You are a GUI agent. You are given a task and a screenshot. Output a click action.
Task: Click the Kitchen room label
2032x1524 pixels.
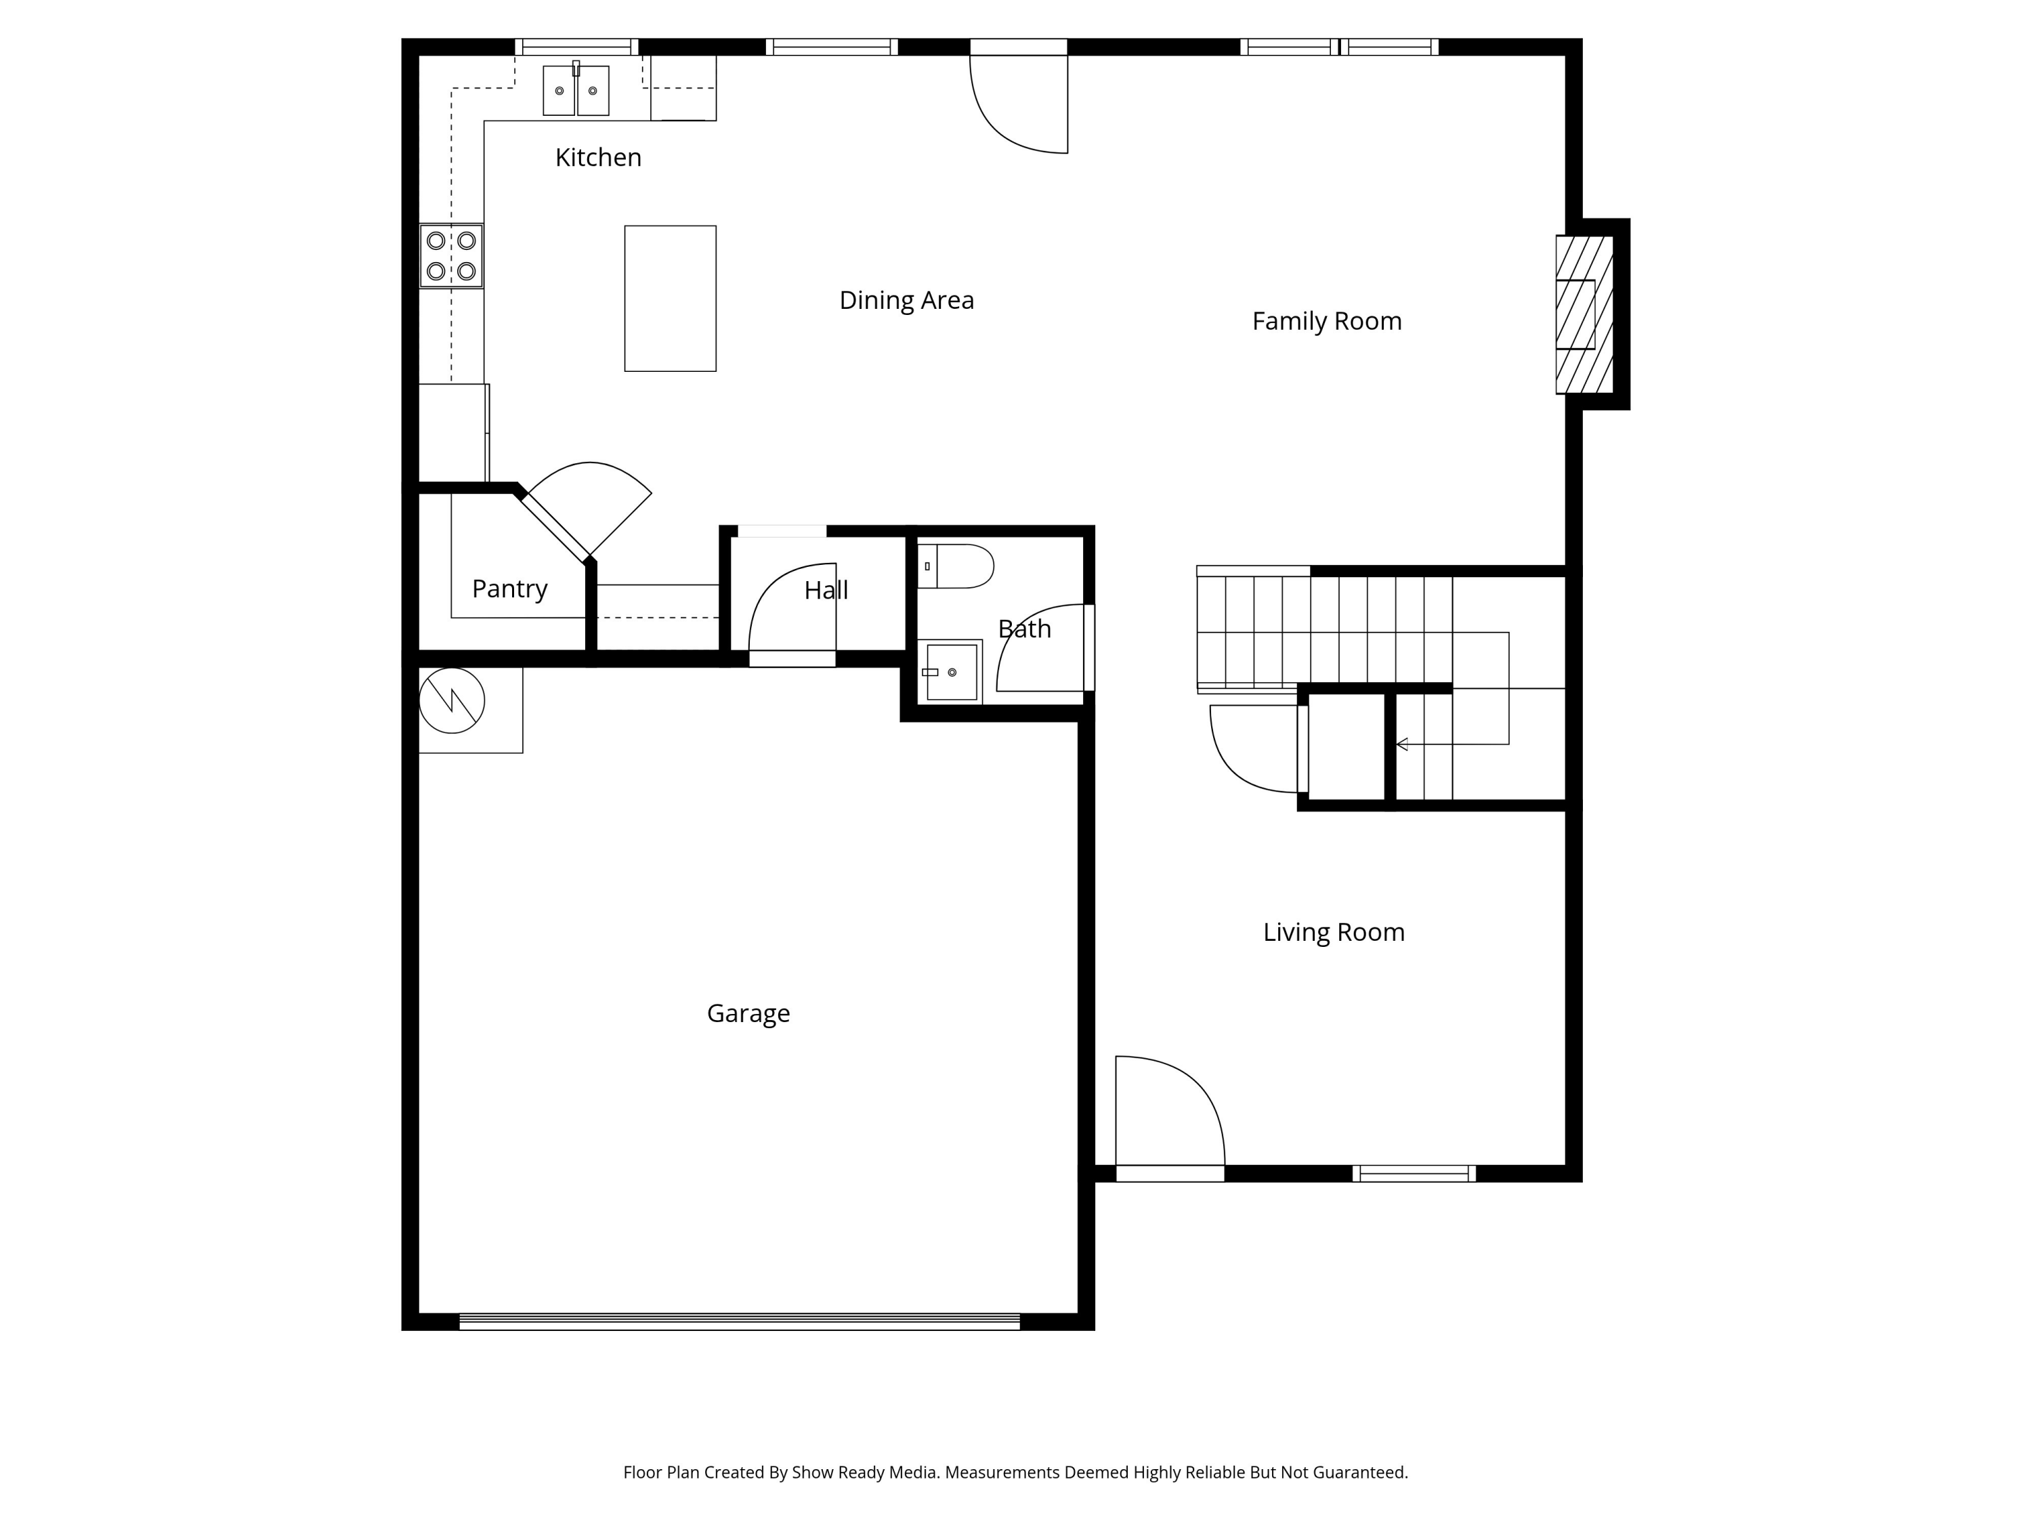click(598, 157)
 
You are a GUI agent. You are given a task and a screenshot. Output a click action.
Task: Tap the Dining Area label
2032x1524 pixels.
click(907, 300)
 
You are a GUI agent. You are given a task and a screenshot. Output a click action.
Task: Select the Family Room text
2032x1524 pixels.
click(1326, 322)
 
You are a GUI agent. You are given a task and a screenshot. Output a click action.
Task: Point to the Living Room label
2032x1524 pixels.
click(1334, 933)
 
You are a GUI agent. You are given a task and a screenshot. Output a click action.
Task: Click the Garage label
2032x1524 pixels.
click(748, 1013)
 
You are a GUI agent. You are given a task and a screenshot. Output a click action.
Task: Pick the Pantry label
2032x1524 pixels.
click(510, 589)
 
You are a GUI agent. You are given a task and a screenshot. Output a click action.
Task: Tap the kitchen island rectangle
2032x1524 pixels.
click(671, 299)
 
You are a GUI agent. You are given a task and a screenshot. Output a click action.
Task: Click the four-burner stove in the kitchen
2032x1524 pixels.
click(451, 256)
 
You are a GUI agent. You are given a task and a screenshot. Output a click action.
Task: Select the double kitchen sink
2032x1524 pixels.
click(576, 89)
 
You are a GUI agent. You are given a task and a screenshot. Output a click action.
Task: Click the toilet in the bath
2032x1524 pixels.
click(955, 566)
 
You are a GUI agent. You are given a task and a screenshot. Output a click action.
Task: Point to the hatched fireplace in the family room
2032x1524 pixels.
click(1585, 314)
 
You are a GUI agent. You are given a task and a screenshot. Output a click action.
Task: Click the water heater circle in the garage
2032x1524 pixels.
click(452, 700)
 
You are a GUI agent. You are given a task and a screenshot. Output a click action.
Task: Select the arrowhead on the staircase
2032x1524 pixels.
click(1402, 744)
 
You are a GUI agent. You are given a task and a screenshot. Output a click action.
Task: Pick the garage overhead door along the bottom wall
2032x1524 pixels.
click(740, 1322)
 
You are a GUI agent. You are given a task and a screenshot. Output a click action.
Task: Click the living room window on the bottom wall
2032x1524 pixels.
click(1414, 1173)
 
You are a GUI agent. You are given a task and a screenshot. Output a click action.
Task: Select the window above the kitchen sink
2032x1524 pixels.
click(576, 47)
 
